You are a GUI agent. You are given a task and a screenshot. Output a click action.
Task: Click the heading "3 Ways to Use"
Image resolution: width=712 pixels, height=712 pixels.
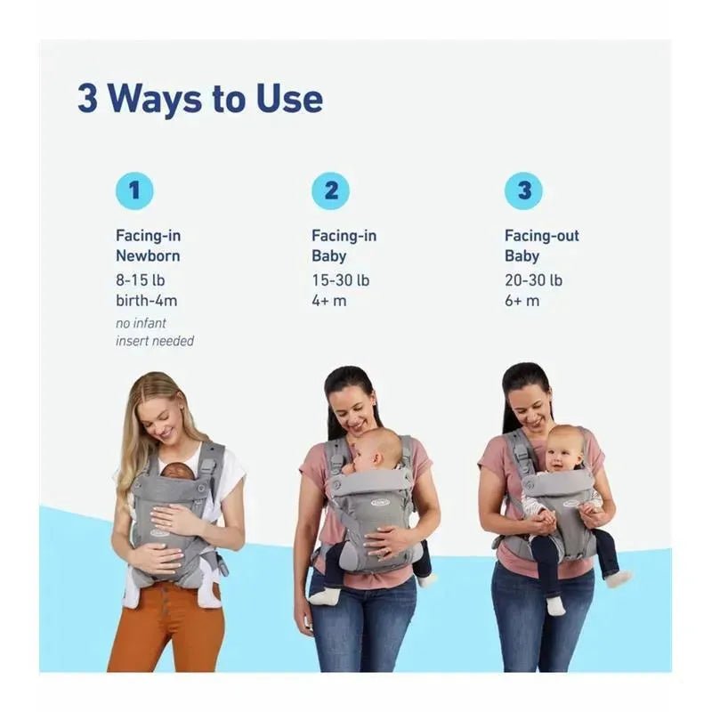[200, 100]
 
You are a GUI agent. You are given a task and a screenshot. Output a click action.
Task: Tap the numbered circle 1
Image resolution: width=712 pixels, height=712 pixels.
[134, 190]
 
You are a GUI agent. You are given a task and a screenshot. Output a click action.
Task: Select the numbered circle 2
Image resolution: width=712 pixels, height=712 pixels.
[330, 190]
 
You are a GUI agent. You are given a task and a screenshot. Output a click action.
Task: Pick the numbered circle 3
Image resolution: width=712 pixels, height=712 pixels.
[523, 190]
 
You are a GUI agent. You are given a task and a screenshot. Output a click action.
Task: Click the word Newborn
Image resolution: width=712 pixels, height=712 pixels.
[148, 255]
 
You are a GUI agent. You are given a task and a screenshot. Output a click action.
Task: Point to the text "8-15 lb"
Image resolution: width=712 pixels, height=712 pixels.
[141, 280]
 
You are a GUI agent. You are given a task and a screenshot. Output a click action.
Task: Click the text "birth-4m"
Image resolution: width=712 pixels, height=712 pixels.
[146, 300]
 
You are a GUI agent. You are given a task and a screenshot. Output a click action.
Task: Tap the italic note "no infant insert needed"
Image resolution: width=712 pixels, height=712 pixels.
[155, 332]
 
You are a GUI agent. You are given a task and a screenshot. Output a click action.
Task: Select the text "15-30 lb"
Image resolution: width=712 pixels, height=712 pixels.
[341, 280]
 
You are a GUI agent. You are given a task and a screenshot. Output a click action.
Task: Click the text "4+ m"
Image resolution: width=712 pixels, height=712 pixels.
[328, 301]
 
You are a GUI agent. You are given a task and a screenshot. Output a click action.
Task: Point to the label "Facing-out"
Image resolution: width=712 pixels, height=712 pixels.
[542, 236]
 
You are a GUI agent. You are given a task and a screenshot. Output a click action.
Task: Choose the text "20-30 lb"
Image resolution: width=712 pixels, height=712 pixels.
[533, 280]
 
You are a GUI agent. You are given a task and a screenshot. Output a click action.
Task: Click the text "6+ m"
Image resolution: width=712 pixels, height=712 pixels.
[522, 301]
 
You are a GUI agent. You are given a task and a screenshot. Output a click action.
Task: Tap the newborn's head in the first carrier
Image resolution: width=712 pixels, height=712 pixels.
[177, 471]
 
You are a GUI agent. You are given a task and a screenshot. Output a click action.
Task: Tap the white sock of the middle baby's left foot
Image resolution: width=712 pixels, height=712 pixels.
[324, 595]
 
